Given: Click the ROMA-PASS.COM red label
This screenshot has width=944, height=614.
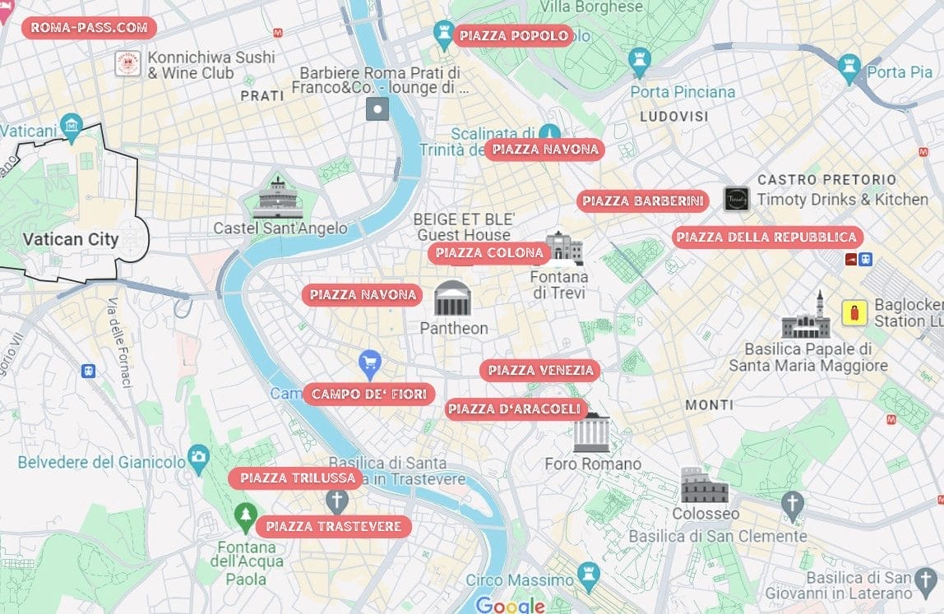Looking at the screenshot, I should pyautogui.click(x=89, y=27).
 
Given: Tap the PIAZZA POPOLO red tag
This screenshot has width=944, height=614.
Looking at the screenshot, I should pyautogui.click(x=513, y=35).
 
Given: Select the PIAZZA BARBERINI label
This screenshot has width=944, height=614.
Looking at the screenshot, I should pyautogui.click(x=642, y=201).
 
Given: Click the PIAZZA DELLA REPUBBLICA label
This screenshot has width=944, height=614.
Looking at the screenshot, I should pyautogui.click(x=766, y=238).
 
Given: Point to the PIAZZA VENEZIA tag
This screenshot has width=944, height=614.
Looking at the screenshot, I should pyautogui.click(x=540, y=371).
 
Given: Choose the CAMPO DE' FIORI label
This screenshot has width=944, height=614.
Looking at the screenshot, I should pyautogui.click(x=368, y=395).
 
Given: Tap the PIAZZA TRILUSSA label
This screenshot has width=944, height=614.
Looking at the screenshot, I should pyautogui.click(x=298, y=478).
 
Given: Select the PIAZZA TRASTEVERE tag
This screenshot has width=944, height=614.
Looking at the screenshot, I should pyautogui.click(x=333, y=526).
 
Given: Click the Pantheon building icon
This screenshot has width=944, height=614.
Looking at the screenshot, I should pyautogui.click(x=453, y=298).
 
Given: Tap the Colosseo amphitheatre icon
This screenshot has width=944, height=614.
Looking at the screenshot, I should pyautogui.click(x=705, y=487).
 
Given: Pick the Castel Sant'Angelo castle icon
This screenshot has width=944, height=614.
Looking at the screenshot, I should pyautogui.click(x=277, y=198).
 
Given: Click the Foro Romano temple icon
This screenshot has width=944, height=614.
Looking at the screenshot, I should pyautogui.click(x=591, y=432).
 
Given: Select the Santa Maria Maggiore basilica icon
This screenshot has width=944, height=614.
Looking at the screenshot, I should pyautogui.click(x=806, y=316).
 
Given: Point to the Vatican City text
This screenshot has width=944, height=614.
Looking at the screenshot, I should pyautogui.click(x=71, y=240).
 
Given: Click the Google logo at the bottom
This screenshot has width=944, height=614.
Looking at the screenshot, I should pyautogui.click(x=510, y=605).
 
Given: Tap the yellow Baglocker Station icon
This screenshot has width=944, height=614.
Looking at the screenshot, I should pyautogui.click(x=854, y=313).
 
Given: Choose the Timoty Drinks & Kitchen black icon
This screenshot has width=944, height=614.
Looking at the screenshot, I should pyautogui.click(x=737, y=200).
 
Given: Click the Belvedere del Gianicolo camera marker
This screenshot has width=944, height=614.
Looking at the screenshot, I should pyautogui.click(x=198, y=457).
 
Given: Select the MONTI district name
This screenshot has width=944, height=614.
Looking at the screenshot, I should pyautogui.click(x=709, y=405).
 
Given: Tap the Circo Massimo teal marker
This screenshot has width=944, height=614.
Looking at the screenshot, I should pyautogui.click(x=588, y=575).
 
